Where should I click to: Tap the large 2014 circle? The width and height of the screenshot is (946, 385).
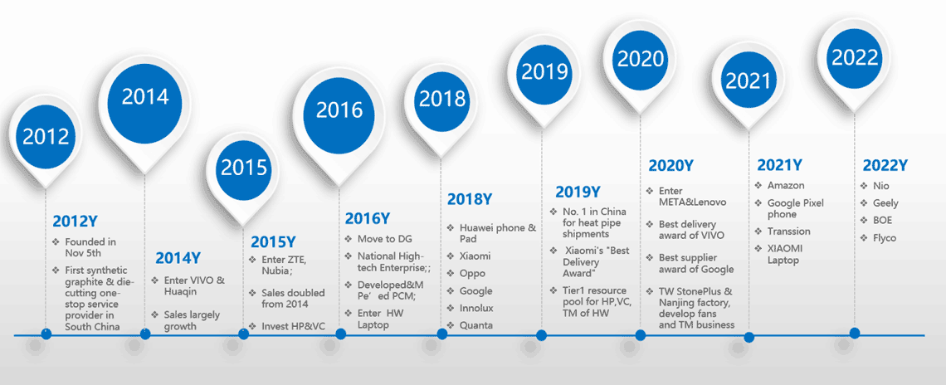pyautogui.click(x=145, y=97)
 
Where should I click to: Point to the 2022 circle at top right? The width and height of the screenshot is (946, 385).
pyautogui.click(x=855, y=57)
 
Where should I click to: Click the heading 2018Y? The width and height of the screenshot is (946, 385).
pyautogui.click(x=470, y=199)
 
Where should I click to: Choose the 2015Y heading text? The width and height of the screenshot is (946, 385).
pyautogui.click(x=273, y=242)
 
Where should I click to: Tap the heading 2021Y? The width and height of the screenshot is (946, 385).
pyautogui.click(x=781, y=165)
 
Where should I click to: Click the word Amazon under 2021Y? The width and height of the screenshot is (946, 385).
pyautogui.click(x=785, y=186)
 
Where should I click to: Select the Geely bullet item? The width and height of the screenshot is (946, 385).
pyautogui.click(x=885, y=203)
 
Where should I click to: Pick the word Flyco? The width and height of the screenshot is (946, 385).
pyautogui.click(x=885, y=238)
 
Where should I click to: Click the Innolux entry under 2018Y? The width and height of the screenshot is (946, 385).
pyautogui.click(x=475, y=309)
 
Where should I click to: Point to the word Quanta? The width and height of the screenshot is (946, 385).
pyautogui.click(x=475, y=326)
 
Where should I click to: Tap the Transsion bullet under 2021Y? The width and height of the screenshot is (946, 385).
pyautogui.click(x=788, y=231)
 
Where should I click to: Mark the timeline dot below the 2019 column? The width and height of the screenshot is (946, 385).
pyautogui.click(x=542, y=335)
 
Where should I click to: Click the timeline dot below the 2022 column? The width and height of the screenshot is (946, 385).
pyautogui.click(x=855, y=333)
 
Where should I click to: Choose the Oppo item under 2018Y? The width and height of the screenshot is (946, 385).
pyautogui.click(x=472, y=274)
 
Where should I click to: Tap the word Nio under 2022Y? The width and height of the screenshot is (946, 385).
pyautogui.click(x=880, y=186)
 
